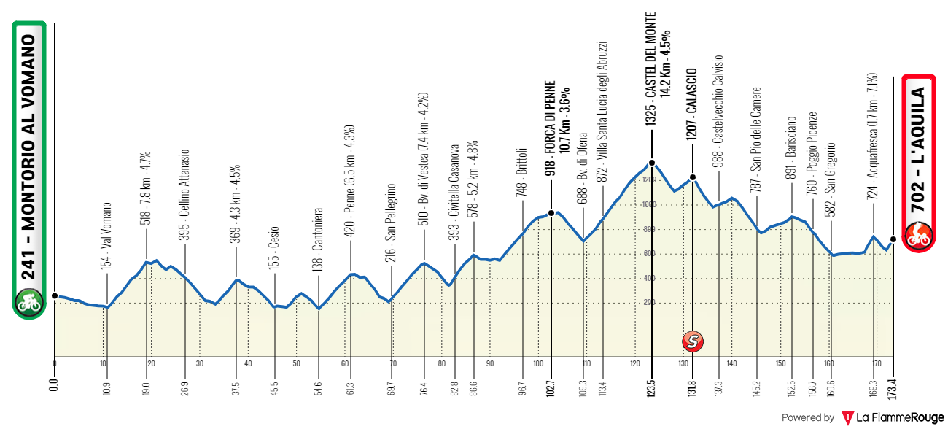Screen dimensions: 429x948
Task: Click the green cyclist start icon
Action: click(x=29, y=303)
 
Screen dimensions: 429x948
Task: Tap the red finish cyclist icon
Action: click(x=917, y=233)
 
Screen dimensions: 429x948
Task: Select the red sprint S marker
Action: click(x=693, y=340)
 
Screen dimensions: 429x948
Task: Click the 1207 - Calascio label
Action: click(x=693, y=104)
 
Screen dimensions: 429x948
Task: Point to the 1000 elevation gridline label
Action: click(x=648, y=205)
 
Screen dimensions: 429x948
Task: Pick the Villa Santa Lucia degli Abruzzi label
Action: click(x=602, y=109)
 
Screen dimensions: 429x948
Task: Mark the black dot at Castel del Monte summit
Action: click(x=652, y=163)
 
